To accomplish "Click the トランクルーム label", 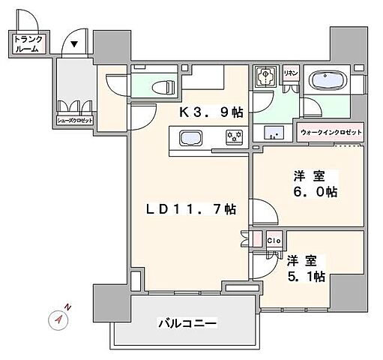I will [28, 44].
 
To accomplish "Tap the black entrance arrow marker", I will [74, 44].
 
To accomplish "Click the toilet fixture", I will [160, 86].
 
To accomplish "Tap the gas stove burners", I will [235, 137].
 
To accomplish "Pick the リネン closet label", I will [290, 73].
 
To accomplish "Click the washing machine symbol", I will [265, 78].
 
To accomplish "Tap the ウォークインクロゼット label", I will [331, 133].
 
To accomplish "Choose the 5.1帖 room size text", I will [305, 277].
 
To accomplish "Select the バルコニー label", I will [187, 324].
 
